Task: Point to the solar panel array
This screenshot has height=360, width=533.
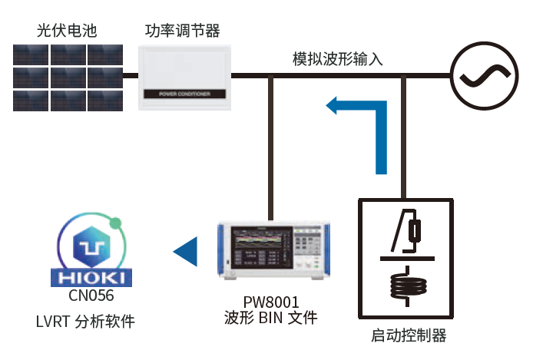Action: click(x=68, y=77)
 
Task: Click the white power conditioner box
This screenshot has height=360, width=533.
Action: click(x=184, y=70)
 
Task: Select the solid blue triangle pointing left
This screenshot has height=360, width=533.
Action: click(x=184, y=251)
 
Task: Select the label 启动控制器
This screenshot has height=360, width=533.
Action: click(x=408, y=335)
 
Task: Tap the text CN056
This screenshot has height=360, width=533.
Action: click(x=91, y=295)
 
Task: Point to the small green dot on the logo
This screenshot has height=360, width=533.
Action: click(x=115, y=224)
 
